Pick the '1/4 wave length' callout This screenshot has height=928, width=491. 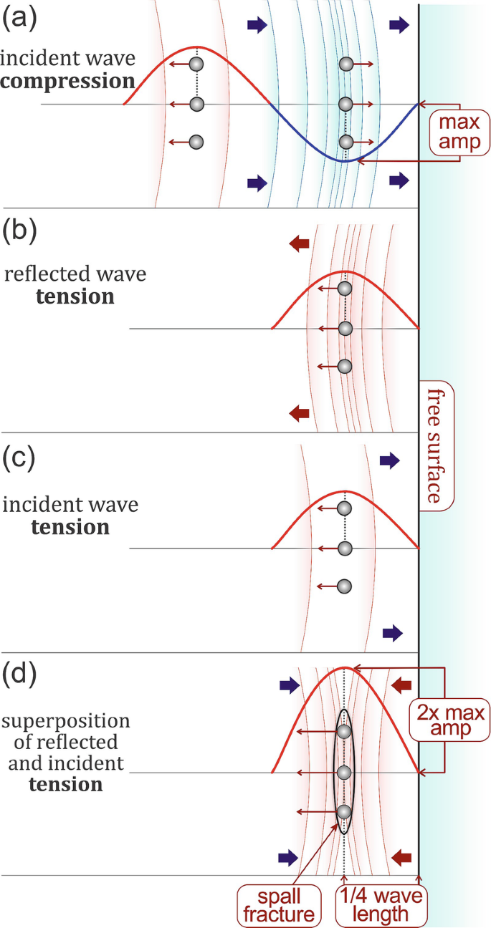click(381, 904)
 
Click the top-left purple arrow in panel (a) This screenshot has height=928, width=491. click(257, 26)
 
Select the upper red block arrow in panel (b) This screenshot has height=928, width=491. click(299, 244)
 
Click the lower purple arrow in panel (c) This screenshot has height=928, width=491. click(392, 632)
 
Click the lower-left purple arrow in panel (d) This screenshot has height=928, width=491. click(288, 856)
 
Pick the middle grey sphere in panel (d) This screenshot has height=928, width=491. click(345, 773)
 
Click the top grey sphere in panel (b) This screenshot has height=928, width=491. click(345, 289)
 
